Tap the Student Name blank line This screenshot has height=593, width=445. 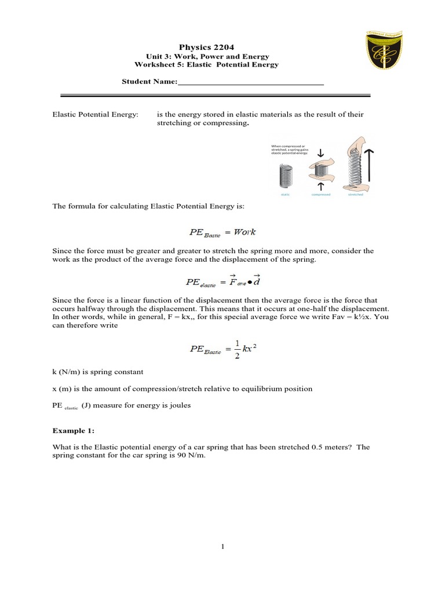pyautogui.click(x=250, y=82)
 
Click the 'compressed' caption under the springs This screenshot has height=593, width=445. pyautogui.click(x=320, y=195)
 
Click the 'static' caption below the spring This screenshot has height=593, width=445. pyautogui.click(x=285, y=195)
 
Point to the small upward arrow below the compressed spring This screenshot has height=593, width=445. pyautogui.click(x=320, y=186)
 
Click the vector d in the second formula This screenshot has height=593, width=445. pyautogui.click(x=257, y=281)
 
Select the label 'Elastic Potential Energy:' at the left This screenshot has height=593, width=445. pyautogui.click(x=96, y=115)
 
